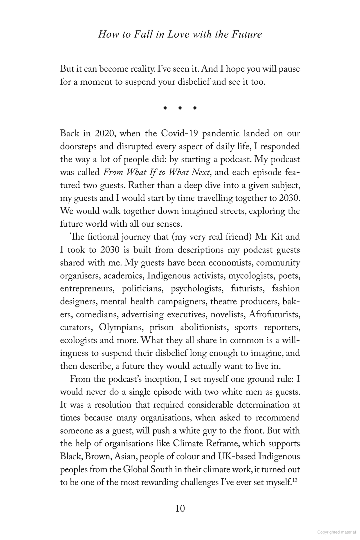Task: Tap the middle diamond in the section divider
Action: [180, 108]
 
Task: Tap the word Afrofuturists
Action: [274, 315]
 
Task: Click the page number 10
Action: [180, 508]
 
